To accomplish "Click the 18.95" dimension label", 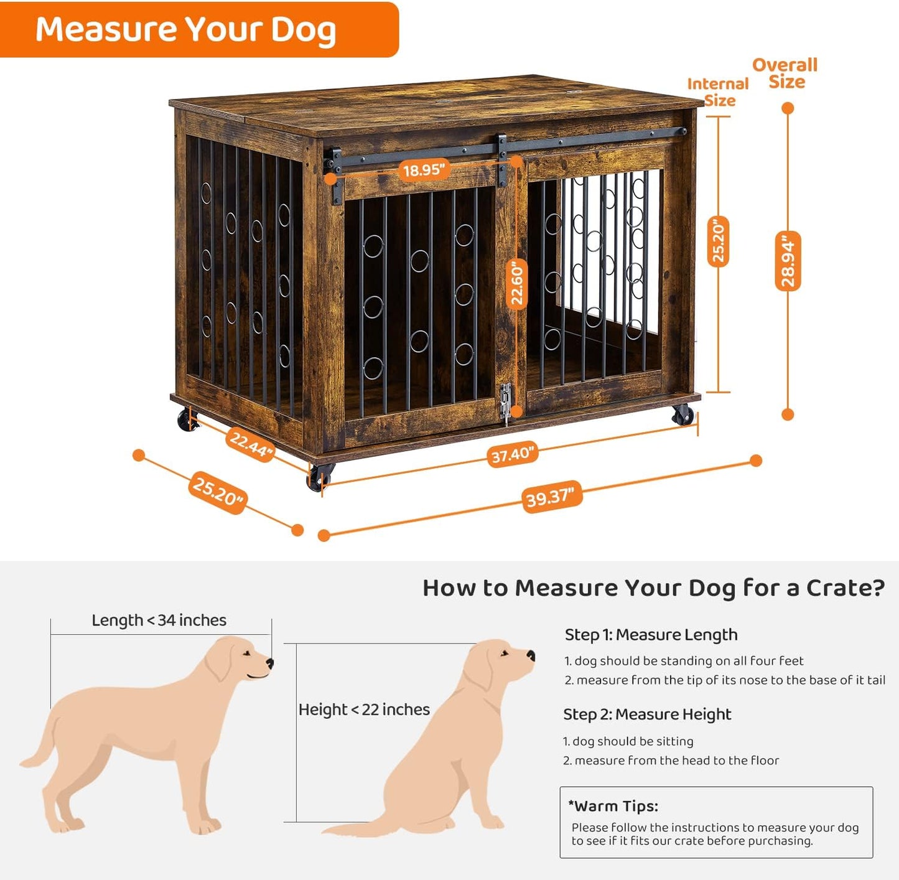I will pos(424,169).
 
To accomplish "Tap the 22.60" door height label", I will pos(517,284).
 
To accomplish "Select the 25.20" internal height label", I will pos(718,241).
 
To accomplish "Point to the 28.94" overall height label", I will pos(788,261).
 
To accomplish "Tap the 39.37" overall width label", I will pos(550,497).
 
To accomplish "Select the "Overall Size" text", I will pos(785,73).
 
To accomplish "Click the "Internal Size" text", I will pos(719,92).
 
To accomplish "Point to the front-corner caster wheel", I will pos(319,477).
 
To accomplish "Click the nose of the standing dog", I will pos(270,663).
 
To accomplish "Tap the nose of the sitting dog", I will pos(531,655).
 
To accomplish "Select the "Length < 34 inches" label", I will pos(159,620).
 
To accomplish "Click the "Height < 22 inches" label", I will pos(364,709).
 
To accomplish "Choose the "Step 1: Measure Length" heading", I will pos(651,635).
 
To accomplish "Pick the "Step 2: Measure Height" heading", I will pos(647,714).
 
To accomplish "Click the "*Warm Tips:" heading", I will pos(613,806).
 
